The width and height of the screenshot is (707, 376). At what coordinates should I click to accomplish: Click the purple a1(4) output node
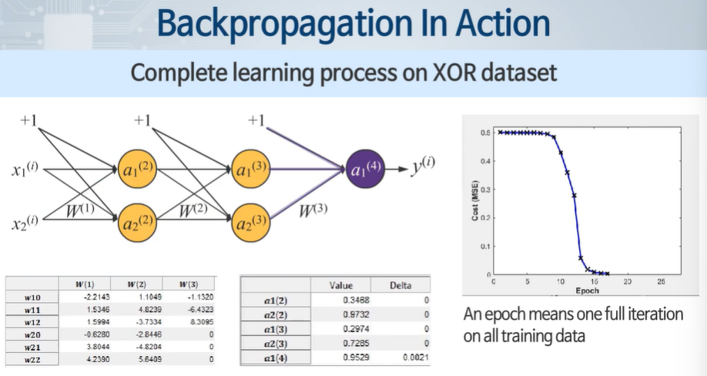point(366,167)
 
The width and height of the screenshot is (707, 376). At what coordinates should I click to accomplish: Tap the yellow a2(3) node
point(250,223)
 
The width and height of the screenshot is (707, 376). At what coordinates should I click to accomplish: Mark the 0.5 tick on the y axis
point(485,133)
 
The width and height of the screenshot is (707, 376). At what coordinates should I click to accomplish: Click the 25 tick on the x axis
point(661,282)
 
